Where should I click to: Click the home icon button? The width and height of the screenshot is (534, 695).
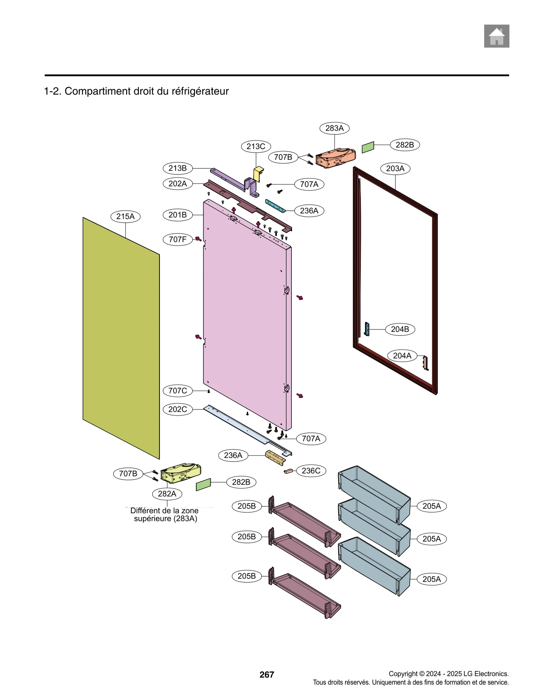click(496, 36)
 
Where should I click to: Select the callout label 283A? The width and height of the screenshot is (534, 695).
click(334, 128)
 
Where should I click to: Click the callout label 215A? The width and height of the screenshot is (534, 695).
click(125, 216)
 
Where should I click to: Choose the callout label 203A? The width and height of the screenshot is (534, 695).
click(395, 168)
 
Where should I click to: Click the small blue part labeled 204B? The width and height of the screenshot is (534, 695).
click(367, 329)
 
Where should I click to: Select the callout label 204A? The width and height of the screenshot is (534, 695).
click(402, 356)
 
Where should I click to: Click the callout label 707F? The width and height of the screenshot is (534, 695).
click(178, 239)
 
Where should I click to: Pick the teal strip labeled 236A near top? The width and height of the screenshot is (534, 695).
click(275, 206)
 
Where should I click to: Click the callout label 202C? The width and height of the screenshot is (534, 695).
click(178, 409)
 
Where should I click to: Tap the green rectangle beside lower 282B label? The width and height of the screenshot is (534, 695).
click(203, 484)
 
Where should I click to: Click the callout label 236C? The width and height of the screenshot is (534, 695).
click(311, 471)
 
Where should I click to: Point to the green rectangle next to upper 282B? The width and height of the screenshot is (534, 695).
click(368, 147)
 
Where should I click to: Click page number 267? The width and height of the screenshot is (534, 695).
click(266, 674)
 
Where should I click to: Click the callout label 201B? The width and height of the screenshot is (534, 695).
click(178, 215)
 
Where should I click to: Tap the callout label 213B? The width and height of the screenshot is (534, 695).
click(178, 168)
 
